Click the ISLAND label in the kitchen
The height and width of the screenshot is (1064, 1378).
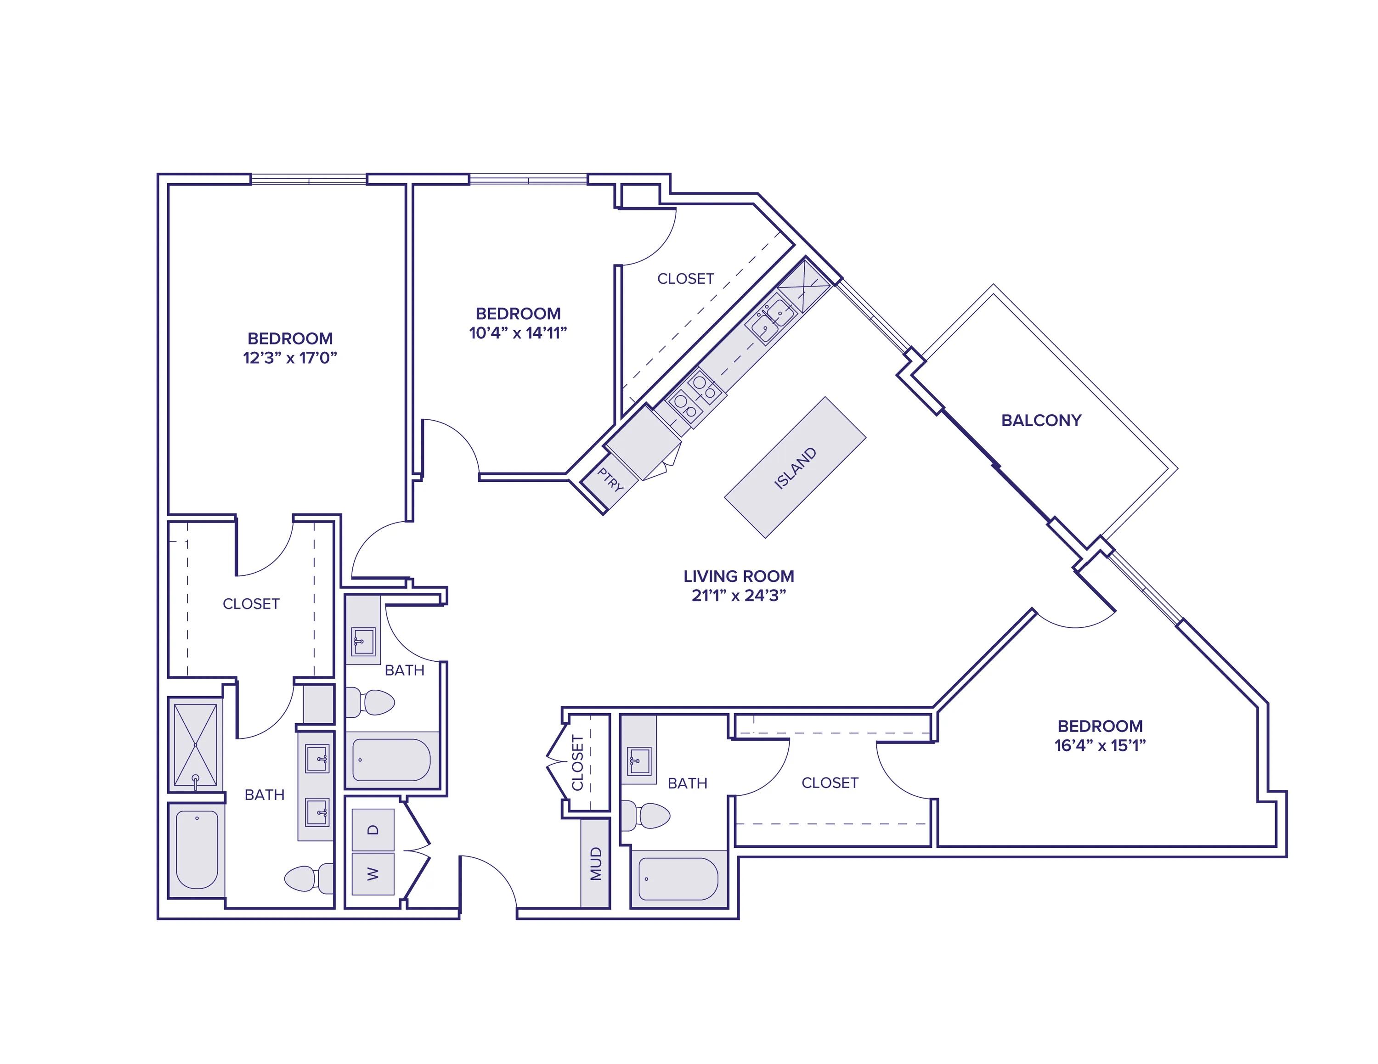795,468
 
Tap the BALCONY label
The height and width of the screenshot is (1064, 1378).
1041,420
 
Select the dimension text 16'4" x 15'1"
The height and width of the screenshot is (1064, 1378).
1100,745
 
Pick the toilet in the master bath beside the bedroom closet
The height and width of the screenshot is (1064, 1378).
309,877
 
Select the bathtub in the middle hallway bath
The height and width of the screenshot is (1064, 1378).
391,760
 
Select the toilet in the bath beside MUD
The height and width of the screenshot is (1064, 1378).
646,816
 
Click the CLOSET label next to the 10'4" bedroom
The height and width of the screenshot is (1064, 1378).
685,279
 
